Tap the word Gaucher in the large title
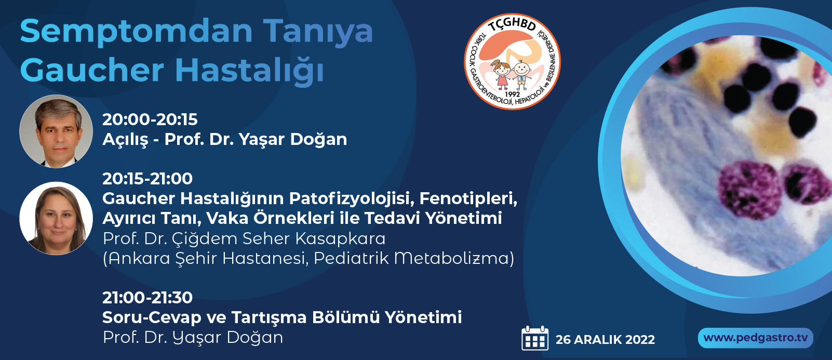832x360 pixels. pos(92,71)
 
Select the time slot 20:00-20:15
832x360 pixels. pos(150,119)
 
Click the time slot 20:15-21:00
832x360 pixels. pos(147,179)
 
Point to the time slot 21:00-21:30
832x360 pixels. pos(147,298)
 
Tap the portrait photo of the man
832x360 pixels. pos(56,131)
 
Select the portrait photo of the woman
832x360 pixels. pos(56,219)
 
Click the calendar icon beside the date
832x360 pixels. pos(535,338)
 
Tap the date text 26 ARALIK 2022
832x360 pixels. pos(605,340)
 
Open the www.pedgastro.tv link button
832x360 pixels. pos(756,338)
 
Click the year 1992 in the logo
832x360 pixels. pos(513,95)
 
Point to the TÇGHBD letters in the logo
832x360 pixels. pos(512,24)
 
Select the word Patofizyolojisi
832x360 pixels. pos(352,199)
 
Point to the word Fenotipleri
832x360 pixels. pos(468,199)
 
